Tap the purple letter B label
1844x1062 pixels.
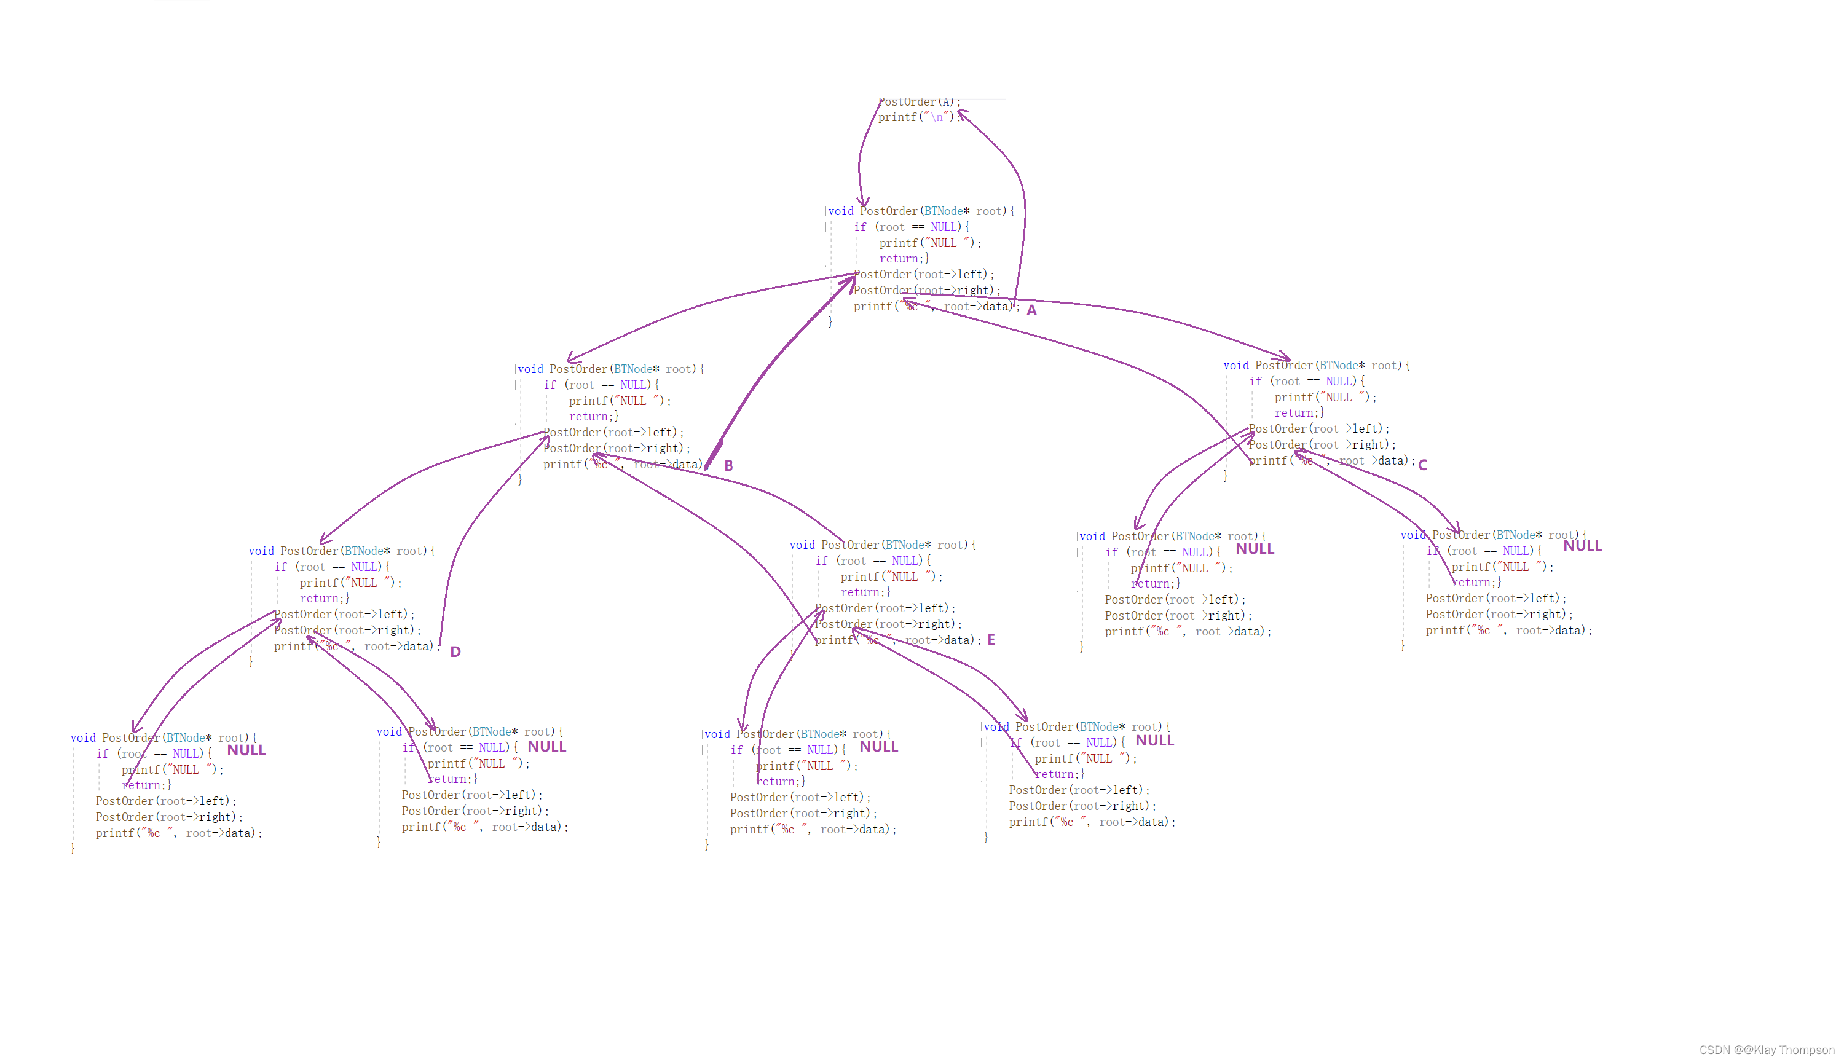tap(728, 466)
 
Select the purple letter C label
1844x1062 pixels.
tap(1422, 465)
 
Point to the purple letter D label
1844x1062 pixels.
tap(455, 652)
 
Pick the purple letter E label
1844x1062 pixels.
tap(991, 640)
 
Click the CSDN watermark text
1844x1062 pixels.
tap(1766, 1050)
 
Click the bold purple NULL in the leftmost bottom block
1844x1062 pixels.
tap(246, 750)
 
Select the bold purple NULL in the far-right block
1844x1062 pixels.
tap(1582, 546)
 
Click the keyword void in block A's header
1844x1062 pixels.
tap(840, 211)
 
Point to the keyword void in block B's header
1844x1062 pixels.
tap(530, 370)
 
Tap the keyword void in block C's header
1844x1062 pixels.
tap(1235, 366)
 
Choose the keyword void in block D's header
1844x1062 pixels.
tap(261, 551)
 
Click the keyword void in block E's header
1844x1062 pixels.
tap(802, 546)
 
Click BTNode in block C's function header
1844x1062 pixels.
tap(1338, 366)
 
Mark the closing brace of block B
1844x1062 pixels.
tap(519, 480)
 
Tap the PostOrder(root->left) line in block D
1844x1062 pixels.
tap(344, 615)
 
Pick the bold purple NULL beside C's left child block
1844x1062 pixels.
tap(1255, 549)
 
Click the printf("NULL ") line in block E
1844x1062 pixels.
tap(891, 577)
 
